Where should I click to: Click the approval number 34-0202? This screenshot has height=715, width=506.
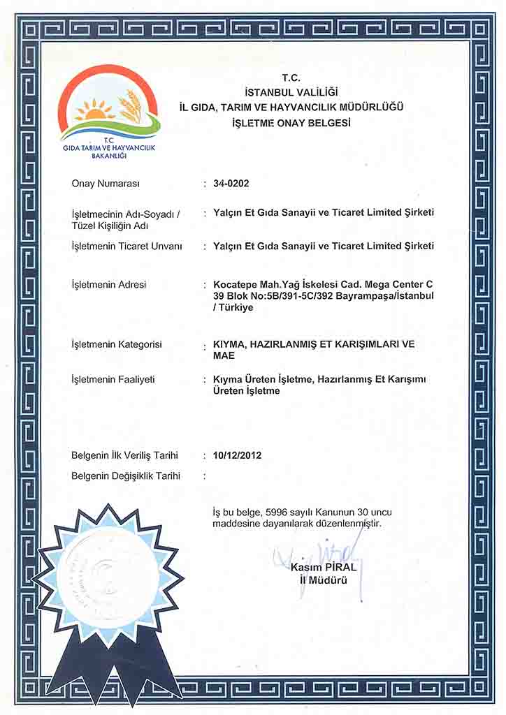tap(231, 184)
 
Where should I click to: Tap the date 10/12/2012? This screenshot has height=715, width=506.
tap(237, 455)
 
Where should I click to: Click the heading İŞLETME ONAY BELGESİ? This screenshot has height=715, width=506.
tap(291, 122)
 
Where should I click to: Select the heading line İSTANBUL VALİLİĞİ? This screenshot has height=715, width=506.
tap(291, 92)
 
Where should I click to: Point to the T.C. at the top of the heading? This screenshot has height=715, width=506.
tap(291, 78)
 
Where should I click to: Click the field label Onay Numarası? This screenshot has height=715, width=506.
tap(106, 184)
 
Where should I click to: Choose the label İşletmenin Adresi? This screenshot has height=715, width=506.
tap(109, 285)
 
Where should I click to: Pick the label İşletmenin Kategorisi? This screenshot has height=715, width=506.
tap(117, 344)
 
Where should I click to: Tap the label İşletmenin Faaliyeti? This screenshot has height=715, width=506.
tap(113, 379)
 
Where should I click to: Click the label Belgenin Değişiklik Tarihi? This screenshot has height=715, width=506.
tap(126, 476)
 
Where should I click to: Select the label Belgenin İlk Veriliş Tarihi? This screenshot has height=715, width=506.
tap(124, 455)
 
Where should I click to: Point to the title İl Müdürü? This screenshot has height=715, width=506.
tap(326, 580)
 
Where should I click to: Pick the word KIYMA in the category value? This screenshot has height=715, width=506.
tap(228, 344)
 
